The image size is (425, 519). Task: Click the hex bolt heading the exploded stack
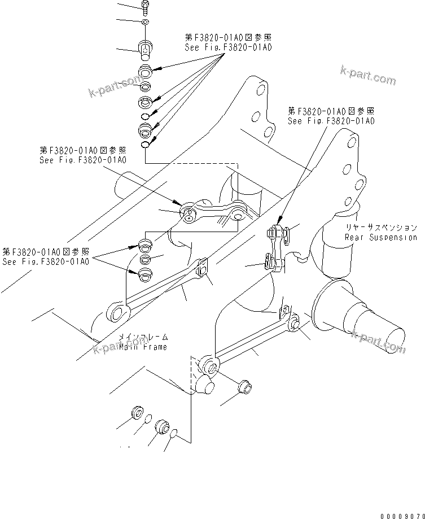[x=144, y=6]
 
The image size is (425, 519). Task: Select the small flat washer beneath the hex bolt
[x=144, y=22]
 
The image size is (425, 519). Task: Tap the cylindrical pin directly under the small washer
[x=145, y=50]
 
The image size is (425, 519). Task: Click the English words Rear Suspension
[x=380, y=237]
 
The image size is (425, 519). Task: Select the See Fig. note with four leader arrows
[x=228, y=43]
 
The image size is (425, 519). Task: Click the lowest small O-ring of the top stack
[x=145, y=146]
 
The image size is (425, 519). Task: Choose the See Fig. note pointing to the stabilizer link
[x=331, y=116]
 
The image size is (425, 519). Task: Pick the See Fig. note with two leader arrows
[x=46, y=256]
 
